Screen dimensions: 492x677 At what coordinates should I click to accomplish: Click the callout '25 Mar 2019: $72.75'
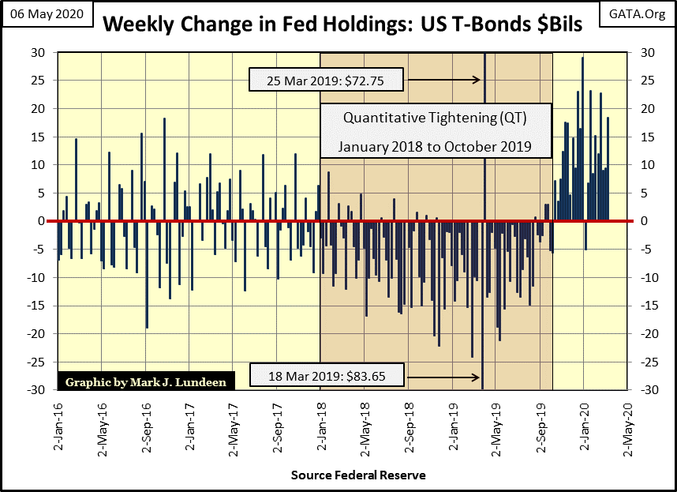(x=327, y=80)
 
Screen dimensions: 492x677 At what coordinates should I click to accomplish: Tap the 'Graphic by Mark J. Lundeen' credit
(x=146, y=381)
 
